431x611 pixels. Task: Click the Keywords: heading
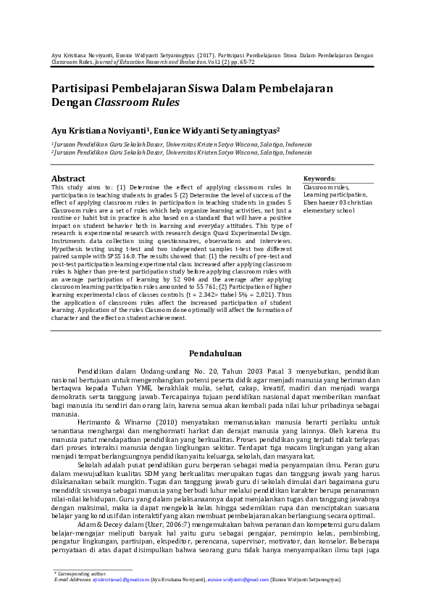tap(319, 178)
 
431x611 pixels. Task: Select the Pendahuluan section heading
tap(215, 353)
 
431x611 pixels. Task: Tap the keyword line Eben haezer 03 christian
tap(338, 203)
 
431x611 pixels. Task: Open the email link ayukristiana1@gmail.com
tap(121, 581)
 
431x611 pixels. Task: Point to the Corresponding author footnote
tap(81, 574)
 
